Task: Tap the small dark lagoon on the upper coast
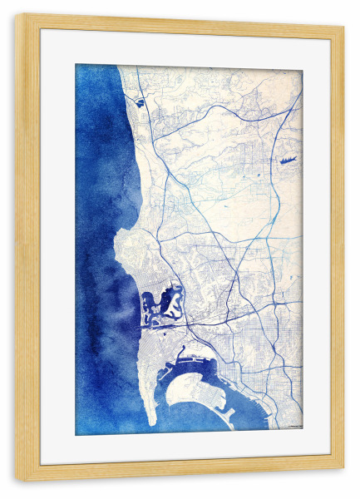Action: click(139, 102)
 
